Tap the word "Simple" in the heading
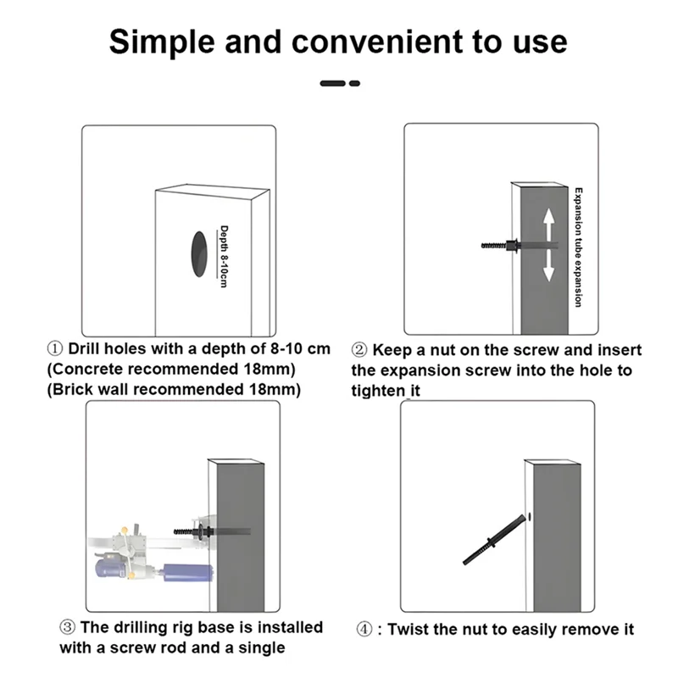tap(162, 42)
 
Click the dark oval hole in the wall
tap(199, 253)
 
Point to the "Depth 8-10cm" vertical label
tap(224, 257)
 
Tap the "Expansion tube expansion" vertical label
tap(578, 247)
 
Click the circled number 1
tap(55, 348)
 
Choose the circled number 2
tap(359, 350)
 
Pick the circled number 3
tap(68, 627)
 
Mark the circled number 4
tap(364, 630)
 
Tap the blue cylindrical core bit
tap(188, 573)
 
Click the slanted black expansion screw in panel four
tap(494, 540)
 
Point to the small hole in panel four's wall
tap(530, 517)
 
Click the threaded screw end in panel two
tap(493, 246)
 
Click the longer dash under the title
tap(332, 83)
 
